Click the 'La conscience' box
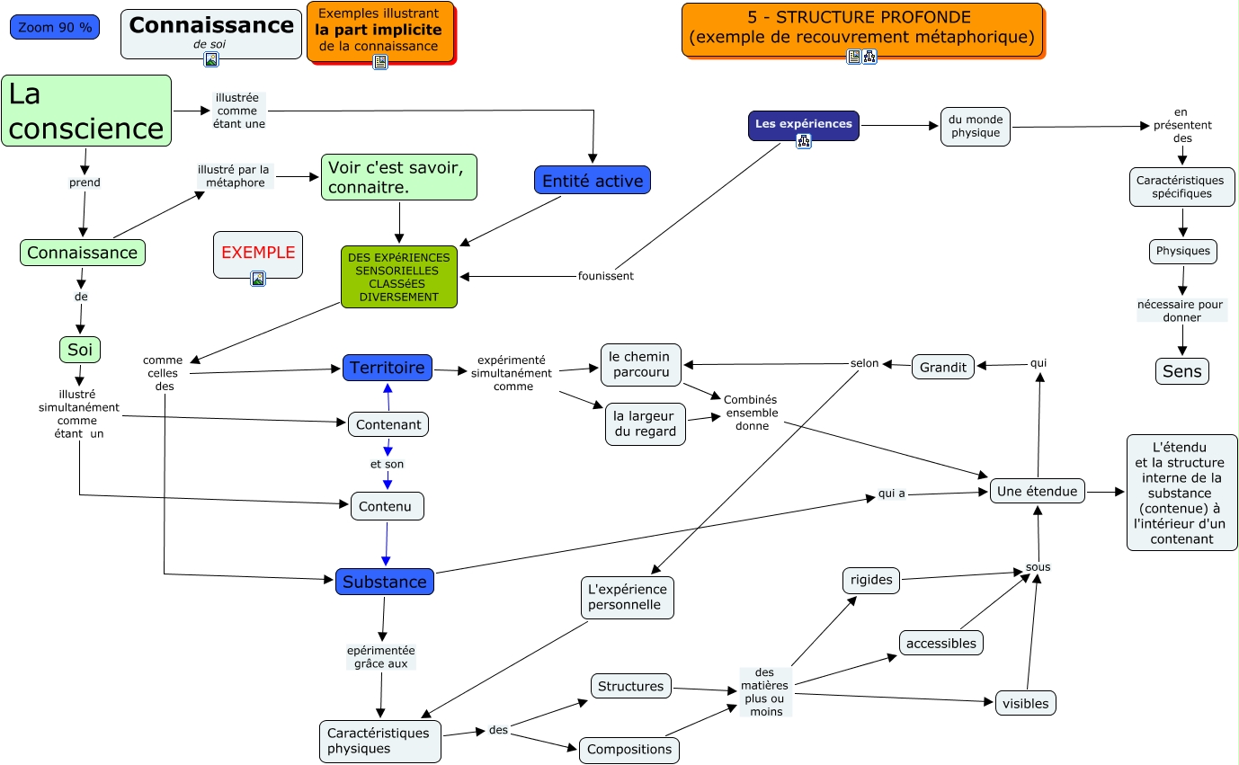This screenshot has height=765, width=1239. coord(86,111)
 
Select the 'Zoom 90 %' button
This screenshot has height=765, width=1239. coord(55,27)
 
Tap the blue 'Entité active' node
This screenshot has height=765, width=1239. coord(592,180)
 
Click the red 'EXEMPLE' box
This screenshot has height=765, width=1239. coord(258,253)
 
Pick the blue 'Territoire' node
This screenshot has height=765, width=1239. coord(387,367)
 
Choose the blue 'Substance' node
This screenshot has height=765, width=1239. coord(384,582)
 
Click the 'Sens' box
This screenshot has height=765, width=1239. coord(1181,371)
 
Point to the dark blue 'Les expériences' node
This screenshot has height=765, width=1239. coord(803,124)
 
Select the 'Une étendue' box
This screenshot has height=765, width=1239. coord(1037,491)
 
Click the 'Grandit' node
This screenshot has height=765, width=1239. coord(943,367)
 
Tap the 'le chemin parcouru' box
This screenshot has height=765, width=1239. coord(640,364)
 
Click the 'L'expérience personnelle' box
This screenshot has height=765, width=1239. coord(627,597)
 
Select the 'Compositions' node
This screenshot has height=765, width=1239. coord(628,749)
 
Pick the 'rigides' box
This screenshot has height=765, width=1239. coord(871,580)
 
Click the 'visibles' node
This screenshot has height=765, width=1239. coord(1025,703)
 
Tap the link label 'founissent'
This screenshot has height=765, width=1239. coord(605,276)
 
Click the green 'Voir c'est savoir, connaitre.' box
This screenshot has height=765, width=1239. coord(398,177)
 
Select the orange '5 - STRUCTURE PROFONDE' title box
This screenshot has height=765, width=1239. coord(861,29)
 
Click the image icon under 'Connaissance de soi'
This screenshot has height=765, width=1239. coord(211,60)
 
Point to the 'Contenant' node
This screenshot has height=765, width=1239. coord(388,424)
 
